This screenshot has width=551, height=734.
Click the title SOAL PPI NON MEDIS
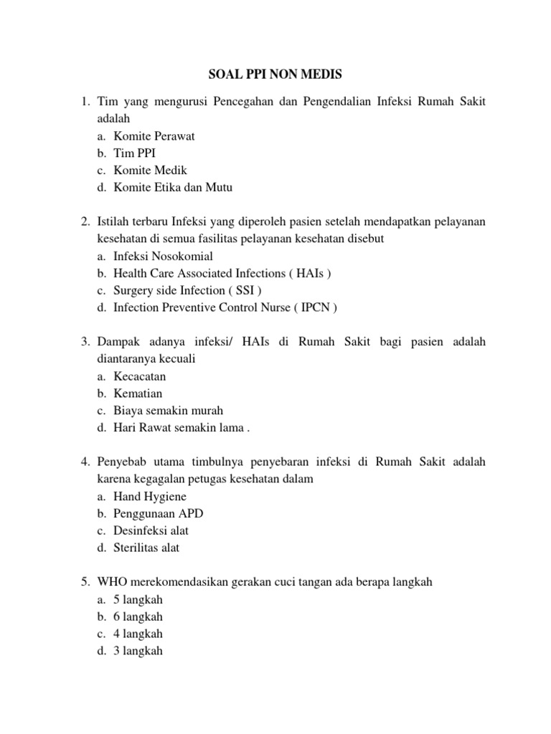coord(275,73)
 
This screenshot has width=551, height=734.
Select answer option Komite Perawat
coord(154,135)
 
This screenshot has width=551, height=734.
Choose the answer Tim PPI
coord(134,153)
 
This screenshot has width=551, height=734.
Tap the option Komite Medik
coord(149,170)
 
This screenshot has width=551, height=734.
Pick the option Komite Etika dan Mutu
coord(173,187)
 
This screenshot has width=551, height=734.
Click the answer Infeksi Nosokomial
coord(163,256)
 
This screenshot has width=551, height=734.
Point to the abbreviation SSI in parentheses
coord(249,290)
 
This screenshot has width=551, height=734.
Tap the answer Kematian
coord(138,394)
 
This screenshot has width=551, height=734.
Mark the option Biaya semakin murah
coord(168,411)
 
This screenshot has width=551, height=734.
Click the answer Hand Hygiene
coord(149,496)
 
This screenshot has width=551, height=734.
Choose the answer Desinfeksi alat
coord(151,530)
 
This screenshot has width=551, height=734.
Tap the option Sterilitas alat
coord(146,548)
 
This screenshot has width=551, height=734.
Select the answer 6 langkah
coord(138,616)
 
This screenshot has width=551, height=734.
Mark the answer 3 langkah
coord(138,651)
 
